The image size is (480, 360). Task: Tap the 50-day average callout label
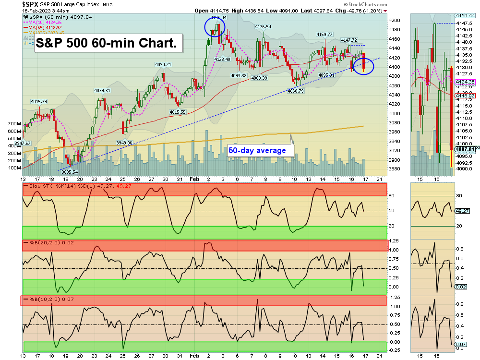point(257,150)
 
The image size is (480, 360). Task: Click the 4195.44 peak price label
point(218,17)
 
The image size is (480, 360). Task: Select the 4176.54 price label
point(263,27)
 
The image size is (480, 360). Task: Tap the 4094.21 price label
point(163,65)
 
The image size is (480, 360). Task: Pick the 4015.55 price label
point(177,112)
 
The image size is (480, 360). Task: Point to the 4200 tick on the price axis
point(395,21)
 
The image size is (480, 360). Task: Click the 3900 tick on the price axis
point(395,160)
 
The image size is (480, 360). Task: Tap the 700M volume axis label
point(14,123)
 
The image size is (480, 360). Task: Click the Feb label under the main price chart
point(194,179)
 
